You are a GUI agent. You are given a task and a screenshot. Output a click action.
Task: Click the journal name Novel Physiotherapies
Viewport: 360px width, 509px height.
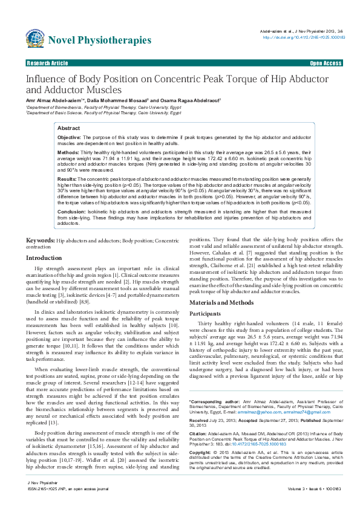(100, 41)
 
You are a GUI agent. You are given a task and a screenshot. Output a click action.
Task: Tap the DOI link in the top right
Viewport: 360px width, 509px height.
(303, 37)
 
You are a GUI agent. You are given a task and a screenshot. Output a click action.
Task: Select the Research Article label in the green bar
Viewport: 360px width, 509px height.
(47, 63)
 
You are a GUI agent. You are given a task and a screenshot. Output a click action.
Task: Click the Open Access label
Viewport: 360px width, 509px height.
(326, 63)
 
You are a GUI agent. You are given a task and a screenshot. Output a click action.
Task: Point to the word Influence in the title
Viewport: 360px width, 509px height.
(46, 79)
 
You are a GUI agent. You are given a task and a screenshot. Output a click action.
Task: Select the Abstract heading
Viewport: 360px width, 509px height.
(68, 128)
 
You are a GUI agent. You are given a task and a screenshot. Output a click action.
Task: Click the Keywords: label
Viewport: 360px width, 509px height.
(41, 241)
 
